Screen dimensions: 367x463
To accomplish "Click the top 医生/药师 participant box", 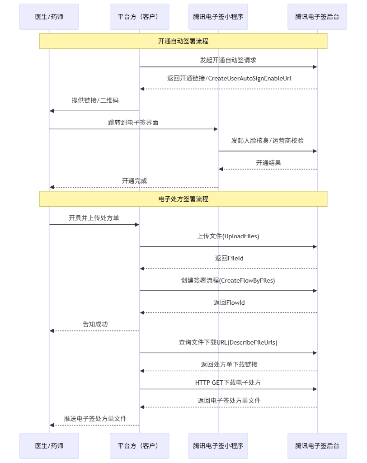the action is (x=49, y=17).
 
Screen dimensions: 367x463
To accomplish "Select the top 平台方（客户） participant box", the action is (x=139, y=17).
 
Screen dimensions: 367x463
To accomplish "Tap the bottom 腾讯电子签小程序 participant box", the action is (x=218, y=446).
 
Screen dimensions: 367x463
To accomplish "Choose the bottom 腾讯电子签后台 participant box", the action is (x=317, y=446).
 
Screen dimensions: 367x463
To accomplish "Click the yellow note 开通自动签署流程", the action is (x=183, y=41).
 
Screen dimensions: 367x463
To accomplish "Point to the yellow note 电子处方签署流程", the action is (x=183, y=199).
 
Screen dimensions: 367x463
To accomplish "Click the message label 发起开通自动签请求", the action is (x=228, y=60).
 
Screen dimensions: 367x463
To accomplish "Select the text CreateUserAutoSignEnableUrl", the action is (x=250, y=79).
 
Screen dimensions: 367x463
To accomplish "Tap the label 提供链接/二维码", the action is (x=95, y=100).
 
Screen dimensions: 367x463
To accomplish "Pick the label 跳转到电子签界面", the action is (x=133, y=123).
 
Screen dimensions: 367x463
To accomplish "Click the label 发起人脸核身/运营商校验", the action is (x=268, y=141).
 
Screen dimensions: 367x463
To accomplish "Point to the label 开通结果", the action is (x=268, y=163).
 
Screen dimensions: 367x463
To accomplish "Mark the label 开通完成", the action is (x=134, y=181).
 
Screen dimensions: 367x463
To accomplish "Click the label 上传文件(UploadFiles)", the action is (x=228, y=236).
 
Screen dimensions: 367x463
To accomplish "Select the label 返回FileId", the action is (x=229, y=258).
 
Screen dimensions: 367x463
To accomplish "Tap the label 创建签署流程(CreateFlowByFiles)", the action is (x=228, y=280).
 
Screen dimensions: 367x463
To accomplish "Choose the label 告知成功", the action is (x=95, y=324).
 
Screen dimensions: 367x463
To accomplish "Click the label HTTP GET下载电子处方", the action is (x=228, y=383).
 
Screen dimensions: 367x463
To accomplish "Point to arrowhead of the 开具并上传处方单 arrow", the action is (x=137, y=225).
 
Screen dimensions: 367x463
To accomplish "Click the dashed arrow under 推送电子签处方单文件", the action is (x=94, y=425).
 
